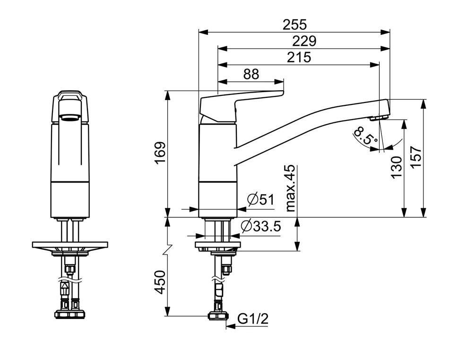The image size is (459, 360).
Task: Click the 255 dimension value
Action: [x=294, y=25]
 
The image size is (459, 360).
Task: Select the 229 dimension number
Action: [x=304, y=41]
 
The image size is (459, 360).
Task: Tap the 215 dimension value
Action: [x=299, y=57]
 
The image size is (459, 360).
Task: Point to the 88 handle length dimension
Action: [x=251, y=74]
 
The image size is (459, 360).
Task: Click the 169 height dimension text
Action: [x=161, y=154]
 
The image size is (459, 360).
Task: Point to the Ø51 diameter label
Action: [x=261, y=200]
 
